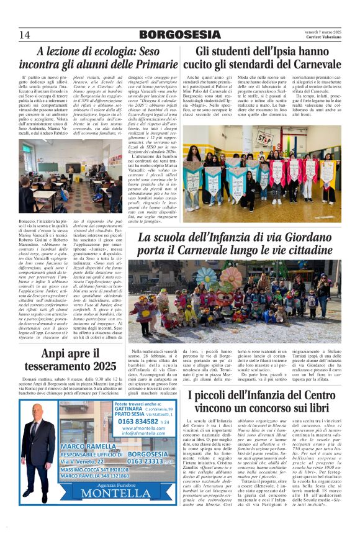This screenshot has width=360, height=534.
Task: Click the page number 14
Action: pos(25,34)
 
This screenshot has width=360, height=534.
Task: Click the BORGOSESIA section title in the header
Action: pos(180,35)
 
